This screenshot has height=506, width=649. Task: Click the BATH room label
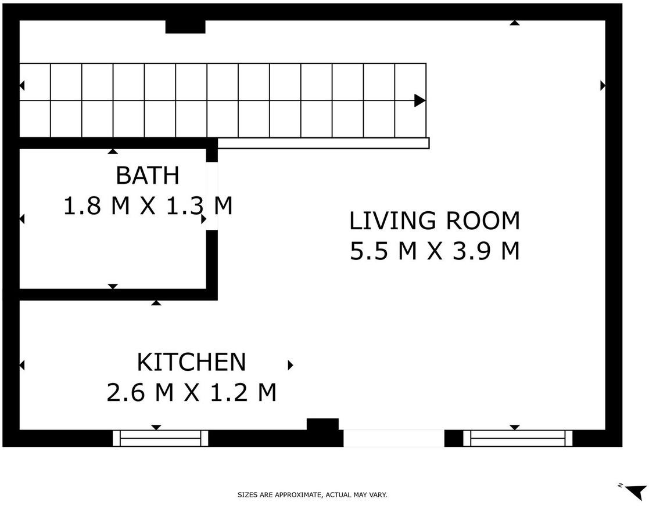pos(148,175)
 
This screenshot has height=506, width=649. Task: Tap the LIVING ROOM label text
pos(435,221)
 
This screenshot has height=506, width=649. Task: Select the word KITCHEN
pos(191,362)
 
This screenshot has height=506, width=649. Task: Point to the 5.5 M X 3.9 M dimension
pos(435,251)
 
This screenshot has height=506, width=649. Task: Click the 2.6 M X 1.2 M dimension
pos(191,392)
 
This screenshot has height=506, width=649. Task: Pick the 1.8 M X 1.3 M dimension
pos(148,205)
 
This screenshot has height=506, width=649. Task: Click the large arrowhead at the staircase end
pos(419,100)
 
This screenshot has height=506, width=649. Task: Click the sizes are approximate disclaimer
pos(312,494)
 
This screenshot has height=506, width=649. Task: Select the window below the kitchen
pos(160,438)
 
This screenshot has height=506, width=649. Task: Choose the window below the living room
pos(517,438)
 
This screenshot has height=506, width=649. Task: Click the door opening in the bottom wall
pos(393,438)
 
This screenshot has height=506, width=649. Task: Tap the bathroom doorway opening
pos(212,196)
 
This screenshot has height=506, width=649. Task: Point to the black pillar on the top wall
pos(185,27)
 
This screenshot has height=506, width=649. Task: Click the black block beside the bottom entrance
pos(322,424)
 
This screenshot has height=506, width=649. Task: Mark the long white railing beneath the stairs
pos(324,143)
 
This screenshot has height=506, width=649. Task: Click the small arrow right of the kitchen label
pos(291,365)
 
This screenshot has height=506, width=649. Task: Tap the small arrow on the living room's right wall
pos(603,85)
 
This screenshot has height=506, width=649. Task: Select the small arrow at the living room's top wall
pos(514,23)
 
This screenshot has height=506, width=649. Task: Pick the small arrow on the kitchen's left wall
pos(22,366)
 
